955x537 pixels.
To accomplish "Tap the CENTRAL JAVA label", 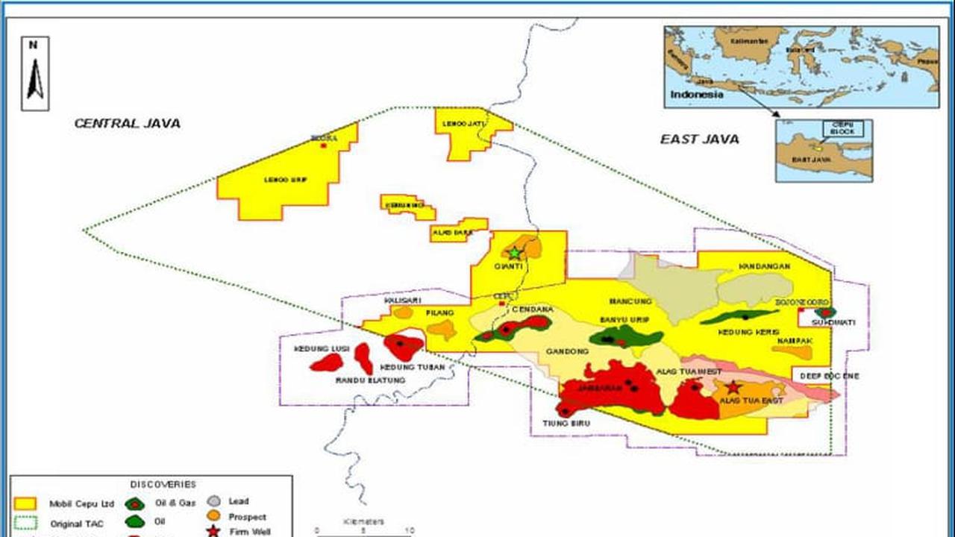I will (x=127, y=124).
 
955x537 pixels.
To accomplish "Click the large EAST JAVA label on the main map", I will (x=699, y=139).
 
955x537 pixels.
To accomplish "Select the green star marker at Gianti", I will (x=515, y=253).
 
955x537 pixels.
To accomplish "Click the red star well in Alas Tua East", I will (x=733, y=387).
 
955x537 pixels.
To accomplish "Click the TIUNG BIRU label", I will (x=571, y=424).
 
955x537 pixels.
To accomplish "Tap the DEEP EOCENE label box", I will (x=830, y=377).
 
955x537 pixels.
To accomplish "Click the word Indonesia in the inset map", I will (x=696, y=95).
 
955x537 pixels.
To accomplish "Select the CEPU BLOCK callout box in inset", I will (x=843, y=130).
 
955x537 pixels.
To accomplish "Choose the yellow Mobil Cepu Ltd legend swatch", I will (x=25, y=503).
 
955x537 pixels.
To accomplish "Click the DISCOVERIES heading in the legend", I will (x=163, y=485).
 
